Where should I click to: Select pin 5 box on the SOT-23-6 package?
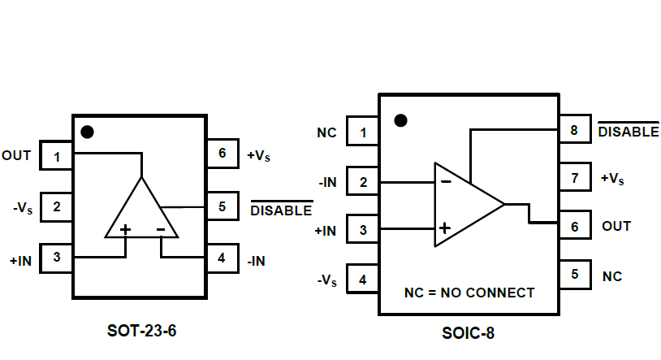[222, 206]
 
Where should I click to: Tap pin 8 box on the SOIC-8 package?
[574, 130]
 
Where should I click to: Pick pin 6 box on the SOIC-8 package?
[574, 227]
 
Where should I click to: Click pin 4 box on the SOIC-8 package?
[362, 280]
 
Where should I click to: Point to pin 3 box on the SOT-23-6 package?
[57, 258]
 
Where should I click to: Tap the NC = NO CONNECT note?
[469, 293]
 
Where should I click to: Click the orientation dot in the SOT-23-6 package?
[87, 131]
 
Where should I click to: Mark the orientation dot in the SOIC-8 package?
[400, 120]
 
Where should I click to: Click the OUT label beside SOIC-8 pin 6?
[616, 226]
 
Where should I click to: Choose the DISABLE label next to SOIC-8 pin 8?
[628, 131]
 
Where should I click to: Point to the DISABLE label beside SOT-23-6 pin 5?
[280, 210]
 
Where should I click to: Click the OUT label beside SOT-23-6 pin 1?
[16, 154]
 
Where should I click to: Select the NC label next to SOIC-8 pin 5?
[611, 276]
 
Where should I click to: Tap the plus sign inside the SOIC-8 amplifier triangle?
[444, 228]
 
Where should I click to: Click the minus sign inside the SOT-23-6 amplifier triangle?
[161, 230]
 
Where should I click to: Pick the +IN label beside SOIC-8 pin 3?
[325, 231]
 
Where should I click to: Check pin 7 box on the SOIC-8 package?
[574, 178]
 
